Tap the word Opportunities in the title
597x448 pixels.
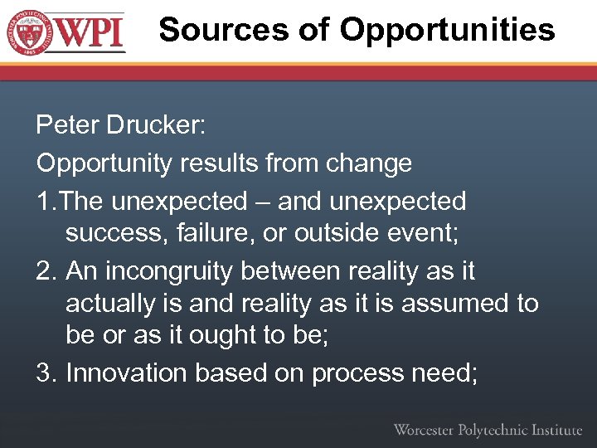pos(447,30)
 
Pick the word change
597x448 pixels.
pos(369,163)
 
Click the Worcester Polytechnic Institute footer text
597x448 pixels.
pos(488,429)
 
